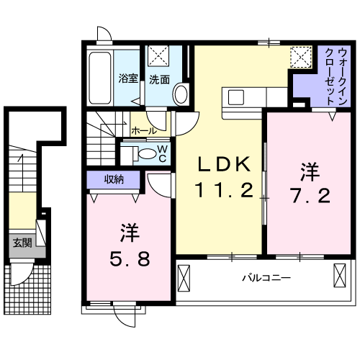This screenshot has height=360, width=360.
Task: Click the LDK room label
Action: (x=225, y=165)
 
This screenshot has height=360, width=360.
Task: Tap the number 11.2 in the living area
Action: (x=225, y=191)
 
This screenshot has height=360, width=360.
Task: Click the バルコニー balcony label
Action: (x=261, y=276)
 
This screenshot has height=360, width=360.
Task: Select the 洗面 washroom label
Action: (x=160, y=80)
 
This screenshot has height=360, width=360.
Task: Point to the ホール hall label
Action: (x=145, y=131)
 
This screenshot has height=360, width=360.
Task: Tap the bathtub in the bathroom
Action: (x=101, y=77)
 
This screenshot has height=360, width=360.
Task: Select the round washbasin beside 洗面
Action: (x=181, y=93)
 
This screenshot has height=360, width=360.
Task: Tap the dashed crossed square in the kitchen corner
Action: (x=300, y=55)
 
